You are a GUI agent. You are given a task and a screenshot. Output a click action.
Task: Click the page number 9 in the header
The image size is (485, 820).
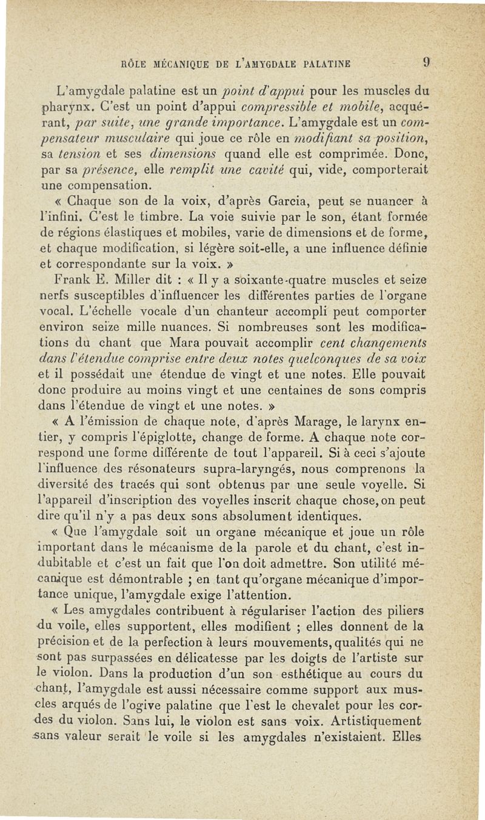point(427,61)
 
